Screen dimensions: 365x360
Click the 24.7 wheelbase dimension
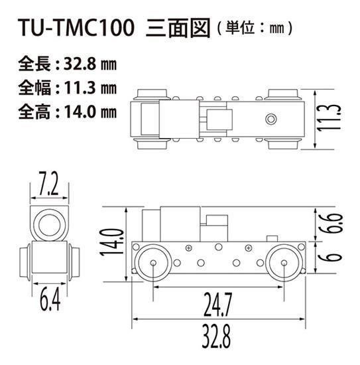[219, 306]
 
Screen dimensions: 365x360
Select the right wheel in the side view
[284, 263]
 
